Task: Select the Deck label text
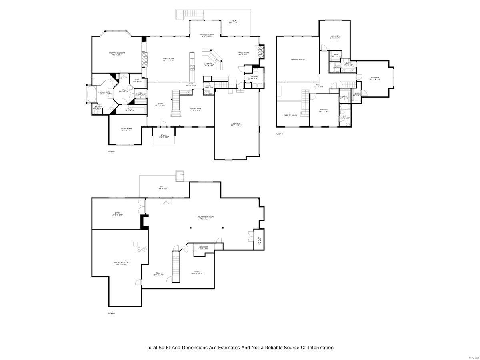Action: [234, 22]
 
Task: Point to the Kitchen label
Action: [208, 64]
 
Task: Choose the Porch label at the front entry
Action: [164, 136]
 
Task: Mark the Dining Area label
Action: [195, 109]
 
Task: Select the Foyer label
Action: [160, 104]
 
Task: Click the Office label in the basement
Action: [118, 214]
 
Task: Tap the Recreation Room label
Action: [206, 217]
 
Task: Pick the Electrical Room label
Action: [120, 263]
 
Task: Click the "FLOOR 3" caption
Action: [279, 134]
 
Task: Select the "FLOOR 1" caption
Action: [112, 313]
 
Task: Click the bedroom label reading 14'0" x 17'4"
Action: [335, 37]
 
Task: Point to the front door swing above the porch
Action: [162, 124]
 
